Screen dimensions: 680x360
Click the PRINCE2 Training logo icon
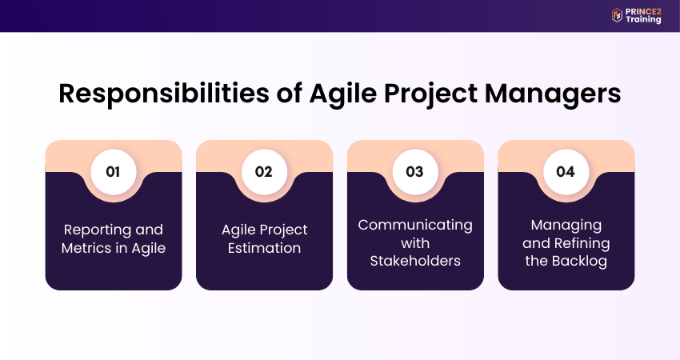617,15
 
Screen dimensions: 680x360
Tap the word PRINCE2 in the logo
643,12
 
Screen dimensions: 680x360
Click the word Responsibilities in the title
164,93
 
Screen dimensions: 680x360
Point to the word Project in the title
430,94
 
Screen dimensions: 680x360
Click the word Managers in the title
553,94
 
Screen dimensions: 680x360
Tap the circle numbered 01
113,172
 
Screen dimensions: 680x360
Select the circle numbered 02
264,172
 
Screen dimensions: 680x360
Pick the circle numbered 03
415,172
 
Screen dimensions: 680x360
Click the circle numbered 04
566,172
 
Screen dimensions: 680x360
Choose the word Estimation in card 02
265,248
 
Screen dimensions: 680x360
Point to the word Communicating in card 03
415,226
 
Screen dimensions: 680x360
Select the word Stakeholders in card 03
415,261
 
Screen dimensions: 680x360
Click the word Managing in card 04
566,226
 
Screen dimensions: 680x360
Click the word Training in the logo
643,19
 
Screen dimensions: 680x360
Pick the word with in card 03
415,243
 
